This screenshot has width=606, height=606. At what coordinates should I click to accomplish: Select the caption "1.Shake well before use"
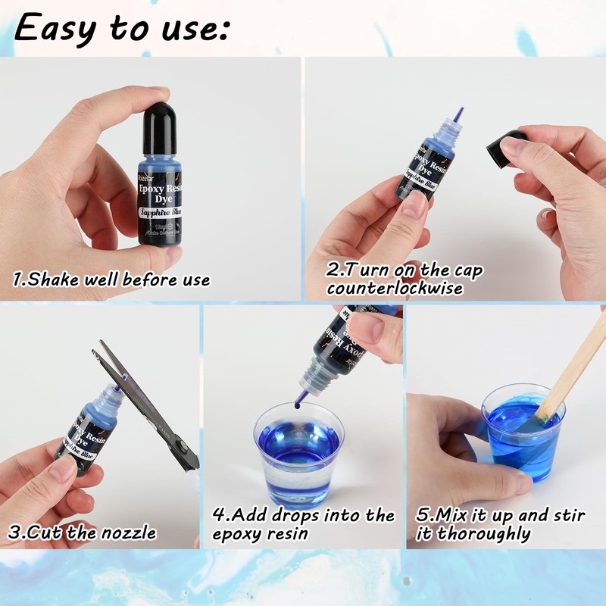tap(111, 280)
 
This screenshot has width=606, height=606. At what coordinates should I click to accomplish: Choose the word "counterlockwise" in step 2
tap(395, 289)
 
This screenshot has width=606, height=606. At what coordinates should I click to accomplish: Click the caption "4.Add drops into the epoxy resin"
tap(303, 524)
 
